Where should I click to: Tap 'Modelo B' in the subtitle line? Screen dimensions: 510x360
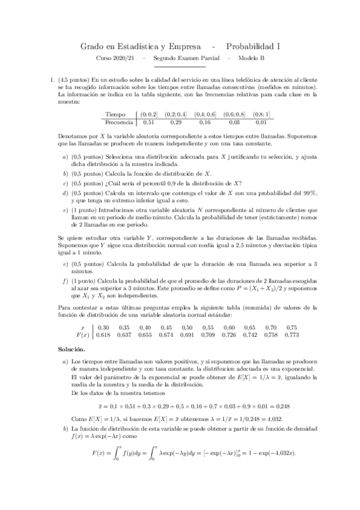tap(251, 58)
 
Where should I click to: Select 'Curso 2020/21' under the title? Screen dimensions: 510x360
tap(117, 58)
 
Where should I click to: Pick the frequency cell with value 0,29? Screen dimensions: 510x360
tap(176, 122)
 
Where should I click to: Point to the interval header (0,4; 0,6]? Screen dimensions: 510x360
tap(204, 114)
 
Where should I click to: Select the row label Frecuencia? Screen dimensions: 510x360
tap(120, 122)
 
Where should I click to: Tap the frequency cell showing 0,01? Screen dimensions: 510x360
tap(261, 122)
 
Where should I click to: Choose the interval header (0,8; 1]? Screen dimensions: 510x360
tap(261, 114)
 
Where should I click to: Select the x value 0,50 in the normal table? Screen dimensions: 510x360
tap(206, 327)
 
